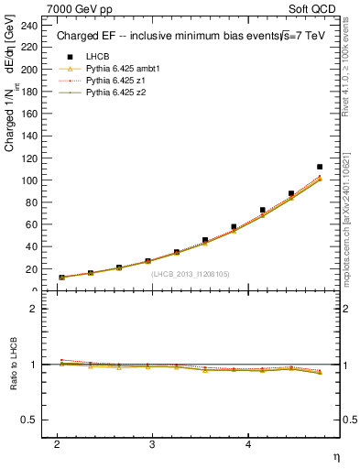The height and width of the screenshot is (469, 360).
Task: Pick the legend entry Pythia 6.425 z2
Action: pos(110,93)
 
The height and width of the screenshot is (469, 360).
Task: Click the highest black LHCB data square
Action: pos(320,167)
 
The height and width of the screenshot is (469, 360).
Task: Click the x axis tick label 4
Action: pos(248,442)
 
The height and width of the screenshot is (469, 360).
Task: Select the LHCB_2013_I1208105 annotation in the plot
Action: pos(191,273)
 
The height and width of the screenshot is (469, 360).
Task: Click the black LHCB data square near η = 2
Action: pos(61,277)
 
